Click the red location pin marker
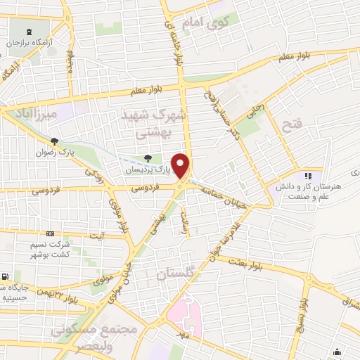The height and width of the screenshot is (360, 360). (181, 164)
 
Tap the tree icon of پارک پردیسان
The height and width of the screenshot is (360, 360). (147, 159)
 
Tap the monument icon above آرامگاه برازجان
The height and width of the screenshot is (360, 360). (29, 32)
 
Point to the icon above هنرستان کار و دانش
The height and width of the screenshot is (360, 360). (307, 175)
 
